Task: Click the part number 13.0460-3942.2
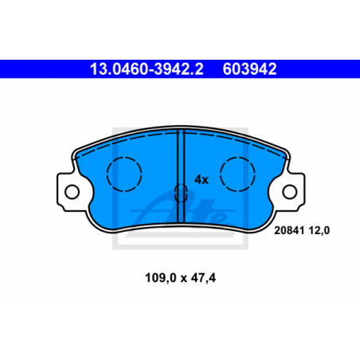(147, 69)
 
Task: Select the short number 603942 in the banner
(249, 69)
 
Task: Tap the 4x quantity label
(202, 180)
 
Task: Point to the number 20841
(289, 230)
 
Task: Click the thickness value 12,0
(319, 230)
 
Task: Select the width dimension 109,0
(161, 278)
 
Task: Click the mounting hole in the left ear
(72, 192)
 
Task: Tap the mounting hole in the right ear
(290, 192)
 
